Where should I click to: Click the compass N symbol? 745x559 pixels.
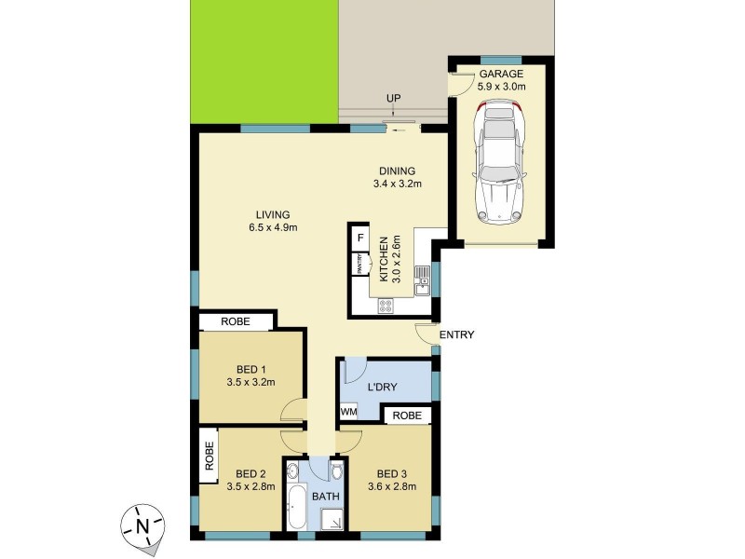tap(142, 525)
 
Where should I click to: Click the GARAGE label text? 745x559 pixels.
tap(501, 74)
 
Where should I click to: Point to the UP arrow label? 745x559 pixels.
tap(395, 99)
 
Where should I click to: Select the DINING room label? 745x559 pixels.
tap(397, 170)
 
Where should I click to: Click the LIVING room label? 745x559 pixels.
tap(269, 214)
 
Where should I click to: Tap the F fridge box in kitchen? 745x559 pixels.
tap(359, 238)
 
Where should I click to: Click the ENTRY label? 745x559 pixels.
tap(457, 335)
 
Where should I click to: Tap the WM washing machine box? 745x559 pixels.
tap(348, 411)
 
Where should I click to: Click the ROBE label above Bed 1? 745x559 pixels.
tap(236, 321)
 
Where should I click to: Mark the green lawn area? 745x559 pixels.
tap(264, 61)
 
